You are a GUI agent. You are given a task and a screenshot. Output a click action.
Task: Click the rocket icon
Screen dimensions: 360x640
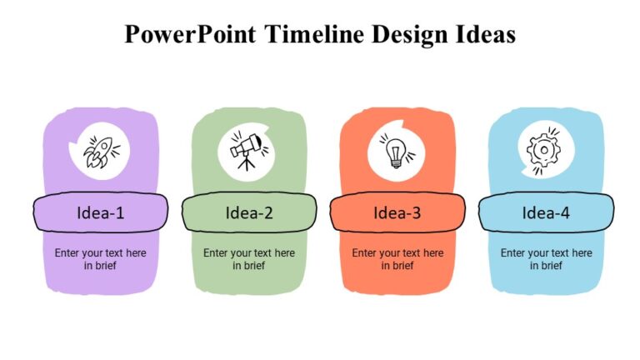(x=100, y=152)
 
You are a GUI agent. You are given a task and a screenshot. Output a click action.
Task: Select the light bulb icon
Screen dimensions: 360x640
(x=396, y=152)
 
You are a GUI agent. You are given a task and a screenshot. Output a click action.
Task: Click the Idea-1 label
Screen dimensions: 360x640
(x=100, y=213)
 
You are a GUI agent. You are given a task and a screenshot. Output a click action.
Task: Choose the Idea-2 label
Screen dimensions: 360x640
(x=249, y=213)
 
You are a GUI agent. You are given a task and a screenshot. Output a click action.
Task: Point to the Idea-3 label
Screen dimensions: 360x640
(x=397, y=213)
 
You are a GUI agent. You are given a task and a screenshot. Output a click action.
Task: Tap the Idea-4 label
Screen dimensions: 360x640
(x=546, y=213)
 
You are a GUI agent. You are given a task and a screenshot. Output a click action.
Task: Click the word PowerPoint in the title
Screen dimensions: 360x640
(x=189, y=34)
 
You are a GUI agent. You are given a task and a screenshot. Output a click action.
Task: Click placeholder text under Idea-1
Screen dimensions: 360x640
(x=100, y=259)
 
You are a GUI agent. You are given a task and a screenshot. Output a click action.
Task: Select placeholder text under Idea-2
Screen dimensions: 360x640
(x=249, y=259)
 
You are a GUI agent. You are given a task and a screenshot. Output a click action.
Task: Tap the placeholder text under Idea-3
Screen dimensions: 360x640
(x=397, y=259)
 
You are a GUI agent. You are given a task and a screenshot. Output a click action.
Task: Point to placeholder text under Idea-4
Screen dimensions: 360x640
(x=546, y=259)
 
